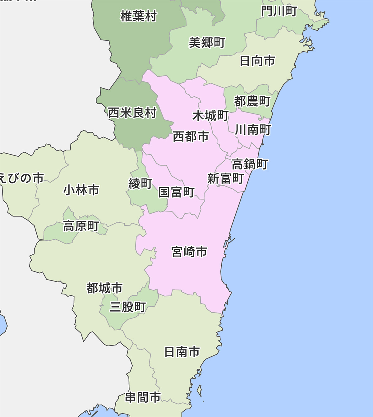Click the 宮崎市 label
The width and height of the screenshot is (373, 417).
[x=189, y=252]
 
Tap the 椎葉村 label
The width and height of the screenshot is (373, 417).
[x=139, y=16]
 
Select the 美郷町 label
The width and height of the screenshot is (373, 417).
[x=207, y=43]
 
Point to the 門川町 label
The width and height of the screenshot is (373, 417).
[x=279, y=12]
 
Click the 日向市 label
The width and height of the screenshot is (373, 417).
[x=257, y=61]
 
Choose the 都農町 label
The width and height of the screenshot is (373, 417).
[x=252, y=101]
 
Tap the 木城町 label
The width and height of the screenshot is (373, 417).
[x=210, y=116]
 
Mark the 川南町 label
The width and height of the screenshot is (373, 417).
[x=253, y=130]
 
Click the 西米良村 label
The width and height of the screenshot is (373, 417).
[x=132, y=113]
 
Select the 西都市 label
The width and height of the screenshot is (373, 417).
[x=191, y=136]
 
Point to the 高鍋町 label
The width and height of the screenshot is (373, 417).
[x=250, y=164]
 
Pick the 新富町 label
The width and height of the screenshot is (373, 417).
[x=225, y=178]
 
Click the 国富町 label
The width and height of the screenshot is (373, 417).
[x=177, y=192]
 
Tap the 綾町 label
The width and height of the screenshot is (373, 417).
[x=140, y=183]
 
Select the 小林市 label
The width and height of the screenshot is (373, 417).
[x=81, y=190]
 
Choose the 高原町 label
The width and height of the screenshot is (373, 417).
[x=81, y=226]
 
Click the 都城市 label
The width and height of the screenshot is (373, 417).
[x=104, y=288]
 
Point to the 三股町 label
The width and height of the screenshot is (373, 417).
[x=128, y=307]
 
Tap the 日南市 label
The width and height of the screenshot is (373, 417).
[x=182, y=352]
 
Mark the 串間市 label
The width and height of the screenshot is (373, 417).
[x=143, y=397]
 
